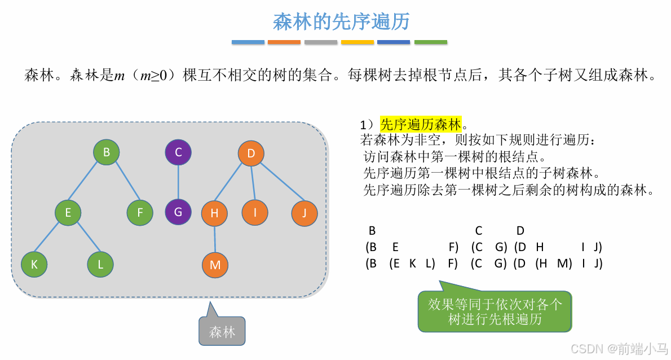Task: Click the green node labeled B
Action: tap(107, 152)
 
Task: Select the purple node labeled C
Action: tap(178, 152)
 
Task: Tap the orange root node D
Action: tap(251, 153)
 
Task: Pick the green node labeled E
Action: tap(68, 213)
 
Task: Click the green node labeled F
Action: tap(139, 213)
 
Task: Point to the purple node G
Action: tap(178, 212)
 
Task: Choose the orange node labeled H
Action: tap(214, 213)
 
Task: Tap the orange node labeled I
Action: tap(255, 213)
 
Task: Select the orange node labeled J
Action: tap(304, 213)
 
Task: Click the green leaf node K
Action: tap(34, 264)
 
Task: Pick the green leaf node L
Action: tap(100, 264)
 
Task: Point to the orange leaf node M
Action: tap(215, 265)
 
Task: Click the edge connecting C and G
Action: tap(178, 182)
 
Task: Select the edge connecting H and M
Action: tap(215, 239)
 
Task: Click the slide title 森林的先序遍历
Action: tap(341, 21)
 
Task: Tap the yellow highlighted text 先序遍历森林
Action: tap(421, 124)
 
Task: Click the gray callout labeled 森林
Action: tap(222, 332)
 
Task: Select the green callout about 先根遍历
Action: tap(495, 311)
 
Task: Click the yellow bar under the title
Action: tap(357, 42)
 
